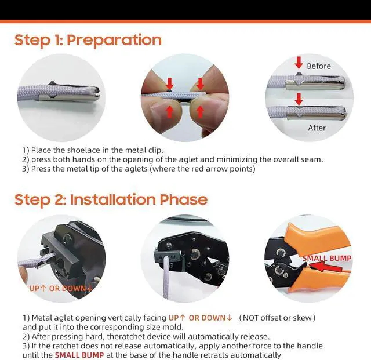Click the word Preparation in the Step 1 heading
(114, 40)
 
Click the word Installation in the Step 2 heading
(112, 199)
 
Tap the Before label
(319, 66)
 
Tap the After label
(317, 128)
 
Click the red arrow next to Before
(299, 63)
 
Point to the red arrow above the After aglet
(299, 99)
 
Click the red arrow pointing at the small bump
(325, 267)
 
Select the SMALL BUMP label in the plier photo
(327, 258)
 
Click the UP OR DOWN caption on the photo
(60, 288)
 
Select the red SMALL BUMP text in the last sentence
(79, 355)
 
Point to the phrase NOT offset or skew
(277, 318)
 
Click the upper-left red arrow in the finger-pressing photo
(170, 84)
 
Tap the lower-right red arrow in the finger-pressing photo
(200, 112)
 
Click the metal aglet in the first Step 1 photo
(69, 97)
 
